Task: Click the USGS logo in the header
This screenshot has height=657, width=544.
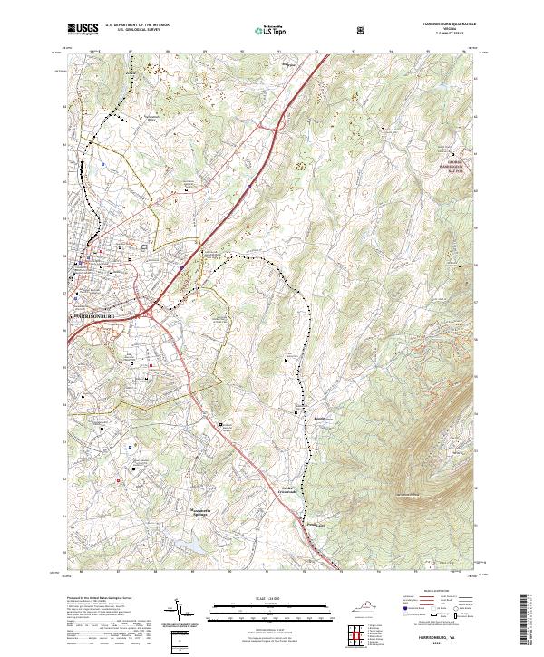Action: coord(83,29)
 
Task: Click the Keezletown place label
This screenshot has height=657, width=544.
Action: coord(298,419)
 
